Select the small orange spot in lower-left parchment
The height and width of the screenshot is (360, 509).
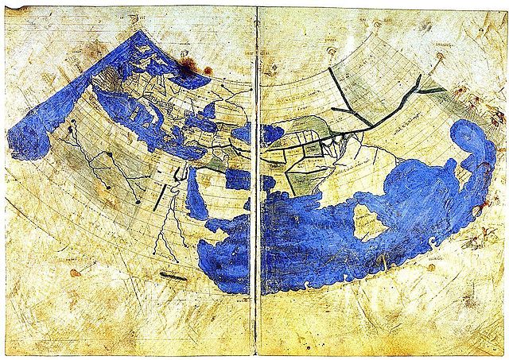[x=75, y=273]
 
